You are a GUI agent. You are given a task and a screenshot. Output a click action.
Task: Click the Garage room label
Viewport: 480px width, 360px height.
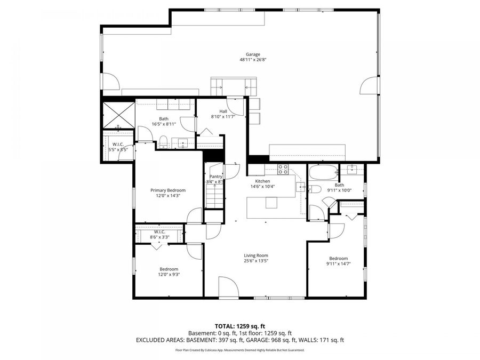[253, 54]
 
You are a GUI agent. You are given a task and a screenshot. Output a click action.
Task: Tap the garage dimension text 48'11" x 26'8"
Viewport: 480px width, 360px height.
[253, 60]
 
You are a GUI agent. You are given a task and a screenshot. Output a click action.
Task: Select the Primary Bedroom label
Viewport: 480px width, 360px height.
[168, 190]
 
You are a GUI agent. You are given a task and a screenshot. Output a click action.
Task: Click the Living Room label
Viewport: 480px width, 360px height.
[256, 255]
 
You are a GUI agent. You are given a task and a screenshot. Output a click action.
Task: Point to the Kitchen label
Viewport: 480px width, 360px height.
[262, 181]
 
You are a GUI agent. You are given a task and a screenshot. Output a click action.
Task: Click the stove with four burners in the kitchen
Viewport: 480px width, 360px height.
[283, 170]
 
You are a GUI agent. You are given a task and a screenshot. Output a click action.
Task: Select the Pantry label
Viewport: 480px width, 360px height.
[215, 177]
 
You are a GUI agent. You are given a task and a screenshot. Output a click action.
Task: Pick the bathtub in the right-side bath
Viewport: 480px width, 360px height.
[323, 172]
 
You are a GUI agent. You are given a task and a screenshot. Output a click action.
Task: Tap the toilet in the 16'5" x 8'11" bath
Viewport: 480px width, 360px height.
[164, 142]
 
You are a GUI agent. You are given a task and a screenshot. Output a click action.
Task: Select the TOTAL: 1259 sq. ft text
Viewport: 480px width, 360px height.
[239, 325]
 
